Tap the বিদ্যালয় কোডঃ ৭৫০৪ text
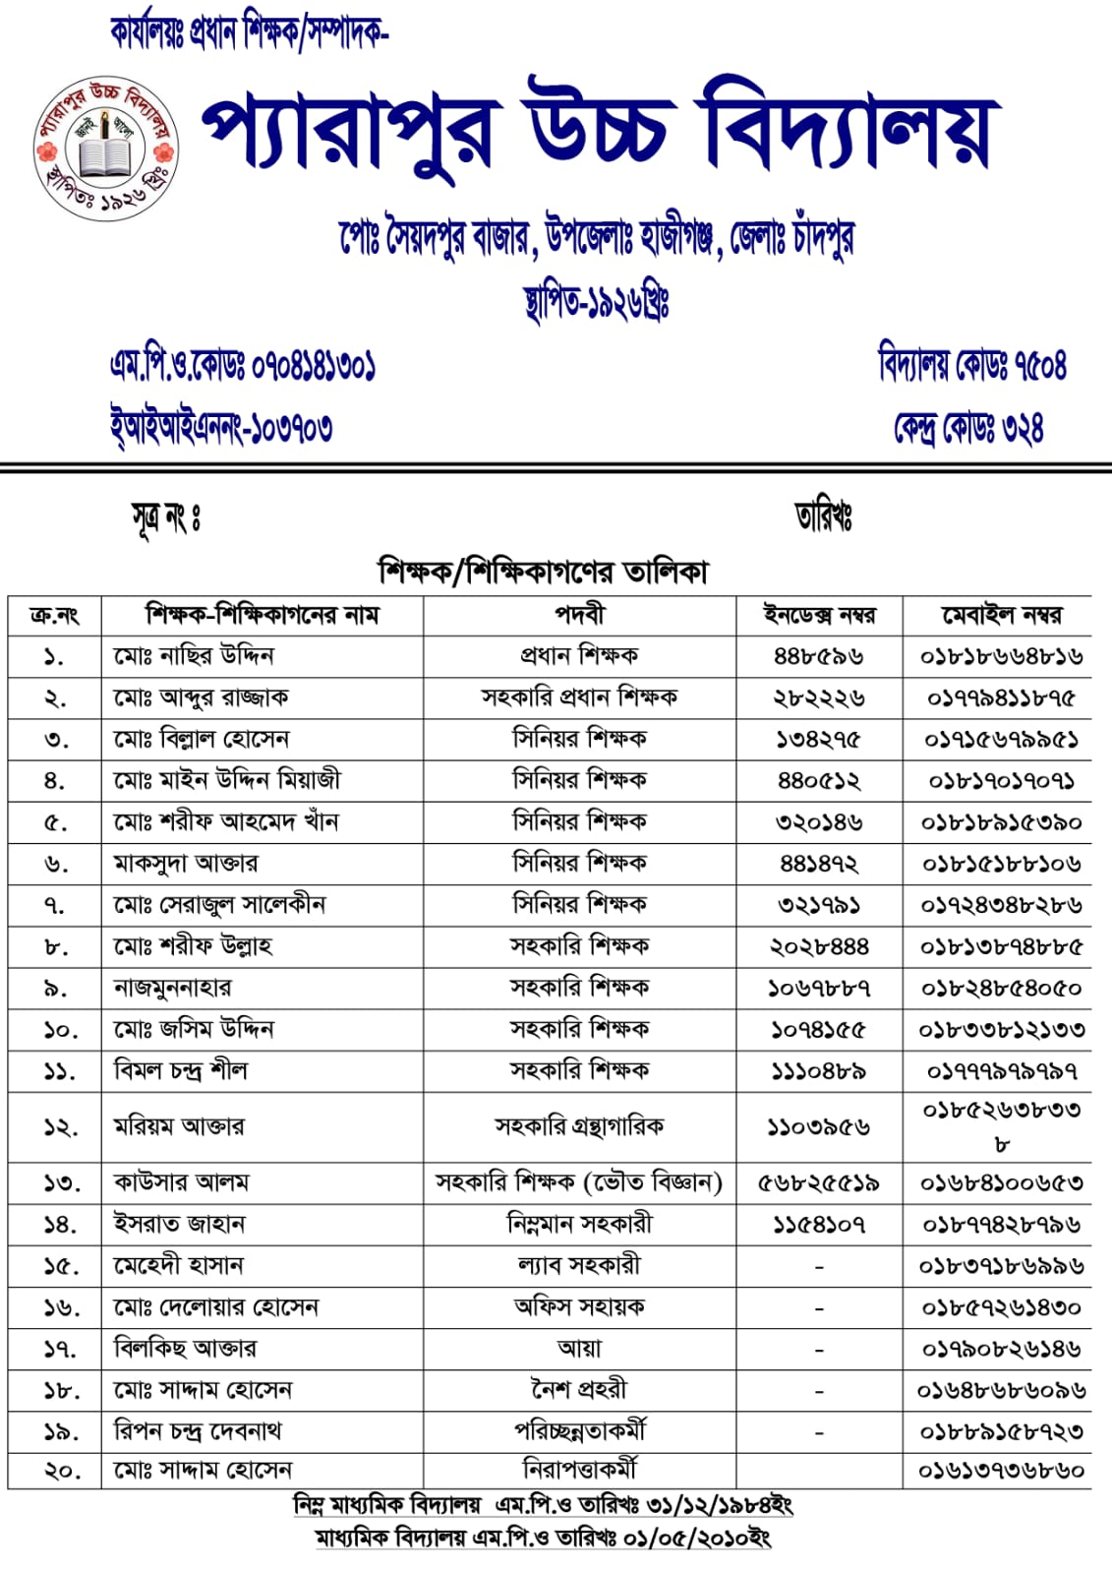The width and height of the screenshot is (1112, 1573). coord(971,364)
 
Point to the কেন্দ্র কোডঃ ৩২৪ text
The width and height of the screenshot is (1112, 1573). coord(967,427)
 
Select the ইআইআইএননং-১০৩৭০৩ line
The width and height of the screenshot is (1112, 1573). coord(221,427)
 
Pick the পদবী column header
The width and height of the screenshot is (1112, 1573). coord(580,615)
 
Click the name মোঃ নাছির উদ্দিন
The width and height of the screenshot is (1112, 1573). coord(194,656)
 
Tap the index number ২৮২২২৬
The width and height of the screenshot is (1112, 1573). coord(819,697)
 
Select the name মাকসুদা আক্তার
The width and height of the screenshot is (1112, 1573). coord(186,864)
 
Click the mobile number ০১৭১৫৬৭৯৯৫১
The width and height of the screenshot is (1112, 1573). coord(1001,739)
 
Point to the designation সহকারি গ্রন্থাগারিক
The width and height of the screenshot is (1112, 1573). coord(579,1126)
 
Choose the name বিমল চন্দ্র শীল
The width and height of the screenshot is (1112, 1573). coord(181,1070)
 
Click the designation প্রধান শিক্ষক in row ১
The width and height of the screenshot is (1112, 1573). coord(579,656)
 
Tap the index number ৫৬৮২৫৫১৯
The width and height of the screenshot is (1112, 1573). coord(819,1182)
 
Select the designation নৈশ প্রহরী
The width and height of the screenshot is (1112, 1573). coord(579,1390)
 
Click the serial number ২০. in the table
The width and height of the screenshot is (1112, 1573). coord(55,1472)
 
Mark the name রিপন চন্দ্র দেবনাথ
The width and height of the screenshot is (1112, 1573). coord(198,1431)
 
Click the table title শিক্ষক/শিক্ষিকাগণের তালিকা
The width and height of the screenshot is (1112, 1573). coord(543,572)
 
